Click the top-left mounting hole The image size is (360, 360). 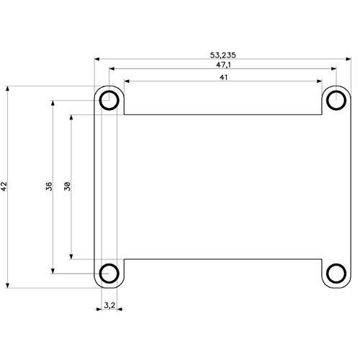coord(109,100)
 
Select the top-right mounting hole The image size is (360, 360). coord(336,100)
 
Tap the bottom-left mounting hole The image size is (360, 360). coord(109,272)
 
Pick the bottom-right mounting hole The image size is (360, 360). coord(336,272)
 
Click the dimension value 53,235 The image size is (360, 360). coord(222,54)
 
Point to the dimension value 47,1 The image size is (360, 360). coord(222,65)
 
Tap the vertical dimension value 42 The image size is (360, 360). coord(4,186)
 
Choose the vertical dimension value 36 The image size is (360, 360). coord(49,186)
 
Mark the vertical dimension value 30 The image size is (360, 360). coord(67,186)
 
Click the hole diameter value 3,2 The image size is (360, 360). coord(109,305)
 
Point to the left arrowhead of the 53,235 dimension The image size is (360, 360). coord(97,60)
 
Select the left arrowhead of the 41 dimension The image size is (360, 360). coord(127,81)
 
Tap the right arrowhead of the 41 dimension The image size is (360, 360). coord(318,81)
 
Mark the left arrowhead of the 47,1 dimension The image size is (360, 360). coord(112,70)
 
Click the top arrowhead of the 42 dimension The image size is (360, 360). coord(8,89)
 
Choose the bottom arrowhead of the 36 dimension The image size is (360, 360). coord(53,270)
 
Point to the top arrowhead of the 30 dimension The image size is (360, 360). coord(71,117)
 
